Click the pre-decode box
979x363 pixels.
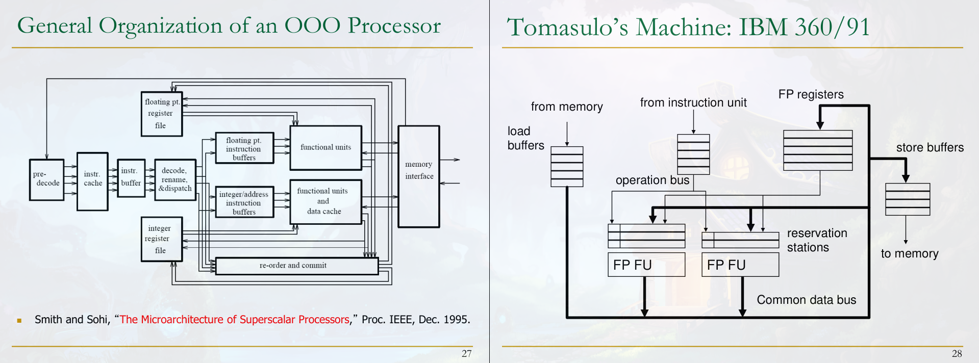[x=46, y=179]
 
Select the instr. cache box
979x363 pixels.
[x=92, y=181]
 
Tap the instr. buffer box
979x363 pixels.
[x=131, y=177]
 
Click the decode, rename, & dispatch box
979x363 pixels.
[x=175, y=179]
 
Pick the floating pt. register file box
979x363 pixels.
[x=161, y=114]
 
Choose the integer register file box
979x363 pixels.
[x=161, y=239]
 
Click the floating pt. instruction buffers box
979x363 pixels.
[x=244, y=148]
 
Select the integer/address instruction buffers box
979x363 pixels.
[x=244, y=202]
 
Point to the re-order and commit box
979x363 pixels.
[x=296, y=266]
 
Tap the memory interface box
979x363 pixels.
[x=418, y=176]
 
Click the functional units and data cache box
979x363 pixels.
[x=325, y=201]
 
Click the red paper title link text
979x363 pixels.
[x=235, y=320]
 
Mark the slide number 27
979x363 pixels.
[x=466, y=353]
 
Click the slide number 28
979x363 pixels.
[x=957, y=353]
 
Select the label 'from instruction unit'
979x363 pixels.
[x=693, y=102]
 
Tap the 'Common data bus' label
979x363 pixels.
[x=806, y=300]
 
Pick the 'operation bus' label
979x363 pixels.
[x=652, y=180]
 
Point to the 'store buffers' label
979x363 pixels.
[x=930, y=147]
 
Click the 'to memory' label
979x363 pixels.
[x=909, y=253]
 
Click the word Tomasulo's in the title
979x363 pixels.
[x=566, y=28]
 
